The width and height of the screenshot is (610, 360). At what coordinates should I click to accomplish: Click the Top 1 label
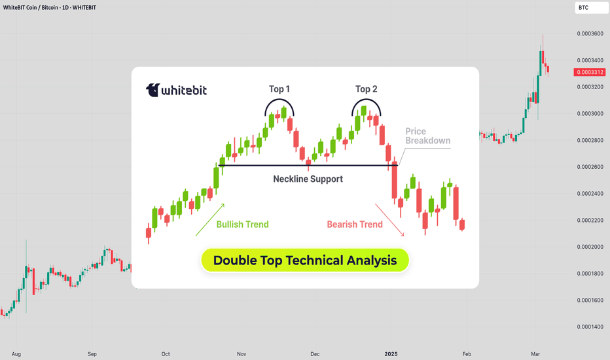279,89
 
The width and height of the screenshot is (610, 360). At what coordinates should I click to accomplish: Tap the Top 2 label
366,89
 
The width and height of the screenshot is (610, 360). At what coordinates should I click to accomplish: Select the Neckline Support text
308,179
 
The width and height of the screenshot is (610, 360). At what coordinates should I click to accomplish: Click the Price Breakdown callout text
427,136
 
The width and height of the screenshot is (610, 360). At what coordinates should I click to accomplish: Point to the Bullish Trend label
242,225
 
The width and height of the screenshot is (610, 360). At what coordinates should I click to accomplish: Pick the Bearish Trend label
354,225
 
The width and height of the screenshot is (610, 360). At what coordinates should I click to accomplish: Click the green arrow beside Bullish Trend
210,219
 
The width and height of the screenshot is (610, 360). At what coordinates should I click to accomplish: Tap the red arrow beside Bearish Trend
390,220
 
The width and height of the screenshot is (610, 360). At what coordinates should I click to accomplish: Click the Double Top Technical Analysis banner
305,261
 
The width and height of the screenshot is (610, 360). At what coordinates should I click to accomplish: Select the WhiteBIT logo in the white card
176,90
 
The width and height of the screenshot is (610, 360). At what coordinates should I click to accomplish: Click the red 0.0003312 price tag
590,72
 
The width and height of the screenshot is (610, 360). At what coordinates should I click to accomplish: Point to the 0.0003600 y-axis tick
590,34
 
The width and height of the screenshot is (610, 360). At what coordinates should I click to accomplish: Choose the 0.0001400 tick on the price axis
590,327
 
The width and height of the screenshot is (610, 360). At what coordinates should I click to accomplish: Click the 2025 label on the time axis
391,353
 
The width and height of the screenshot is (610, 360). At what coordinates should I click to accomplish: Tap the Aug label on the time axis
16,353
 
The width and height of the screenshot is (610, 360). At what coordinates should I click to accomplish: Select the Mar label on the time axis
535,353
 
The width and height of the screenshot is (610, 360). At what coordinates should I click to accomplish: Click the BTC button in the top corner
591,8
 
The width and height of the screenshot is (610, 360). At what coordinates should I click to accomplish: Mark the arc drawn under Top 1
279,99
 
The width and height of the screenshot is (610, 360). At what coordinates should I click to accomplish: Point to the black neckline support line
308,166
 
